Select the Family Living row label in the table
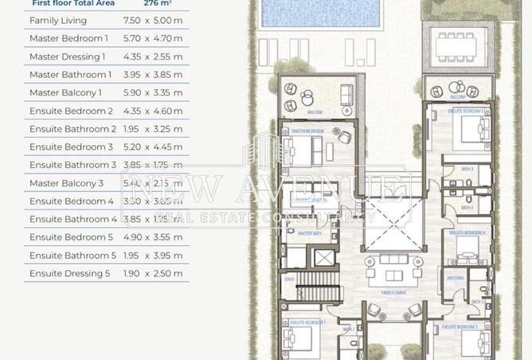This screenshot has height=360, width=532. pyautogui.click(x=58, y=20)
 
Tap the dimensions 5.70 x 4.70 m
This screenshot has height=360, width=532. pyautogui.click(x=152, y=38)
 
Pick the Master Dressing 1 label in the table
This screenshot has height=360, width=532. pyautogui.click(x=67, y=57)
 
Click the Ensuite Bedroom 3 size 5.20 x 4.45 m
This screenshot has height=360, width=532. pyautogui.click(x=152, y=147)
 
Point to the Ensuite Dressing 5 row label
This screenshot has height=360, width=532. pyautogui.click(x=70, y=274)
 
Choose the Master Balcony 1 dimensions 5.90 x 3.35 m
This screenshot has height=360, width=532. pyautogui.click(x=152, y=93)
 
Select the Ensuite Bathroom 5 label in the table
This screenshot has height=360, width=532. pyautogui.click(x=72, y=256)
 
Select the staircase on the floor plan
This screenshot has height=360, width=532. pyautogui.click(x=319, y=294)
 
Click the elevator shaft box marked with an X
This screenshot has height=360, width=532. pyautogui.click(x=324, y=258)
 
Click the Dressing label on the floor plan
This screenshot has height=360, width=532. pyautogui.click(x=456, y=279)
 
